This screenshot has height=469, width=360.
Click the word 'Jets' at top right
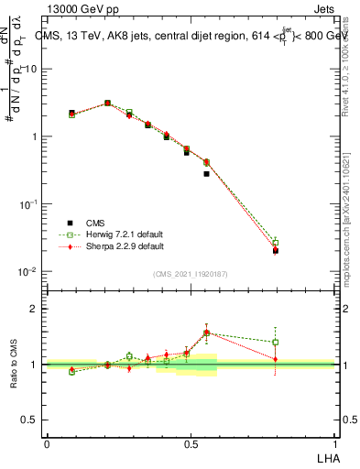[322, 9]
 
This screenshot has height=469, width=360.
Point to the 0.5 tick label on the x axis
[191, 443]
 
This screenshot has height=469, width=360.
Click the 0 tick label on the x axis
[47, 443]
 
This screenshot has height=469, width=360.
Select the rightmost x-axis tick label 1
[335, 443]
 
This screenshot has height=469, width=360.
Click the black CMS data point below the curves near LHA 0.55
[206, 173]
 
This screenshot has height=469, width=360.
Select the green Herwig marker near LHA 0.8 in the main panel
[275, 243]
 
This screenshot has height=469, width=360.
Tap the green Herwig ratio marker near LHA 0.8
[275, 342]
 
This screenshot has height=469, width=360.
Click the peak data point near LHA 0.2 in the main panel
[107, 104]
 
